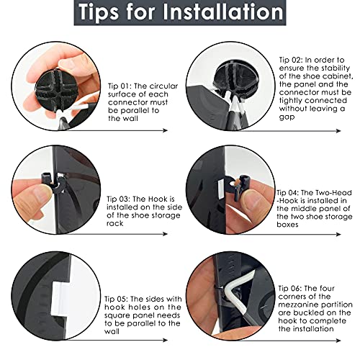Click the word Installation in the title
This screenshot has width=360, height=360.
pos(223,12)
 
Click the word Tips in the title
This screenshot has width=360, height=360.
pos(99,12)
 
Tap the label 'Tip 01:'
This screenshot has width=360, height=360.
pos(119,86)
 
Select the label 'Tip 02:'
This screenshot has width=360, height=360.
pos(289,60)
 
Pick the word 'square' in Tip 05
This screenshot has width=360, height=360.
pos(117,316)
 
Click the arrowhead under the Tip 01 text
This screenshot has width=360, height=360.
pos(165,130)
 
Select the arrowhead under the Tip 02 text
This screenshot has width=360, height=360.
pos(338,130)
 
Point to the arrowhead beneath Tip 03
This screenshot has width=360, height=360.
pos(165,234)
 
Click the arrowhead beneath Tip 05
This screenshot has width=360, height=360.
pos(165,340)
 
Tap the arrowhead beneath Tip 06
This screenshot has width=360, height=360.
pos(338,341)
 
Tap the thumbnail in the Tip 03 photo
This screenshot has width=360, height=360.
pos(40,192)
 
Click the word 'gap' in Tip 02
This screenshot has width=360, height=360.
pos(287,117)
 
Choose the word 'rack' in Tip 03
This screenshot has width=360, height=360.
pos(115,224)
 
